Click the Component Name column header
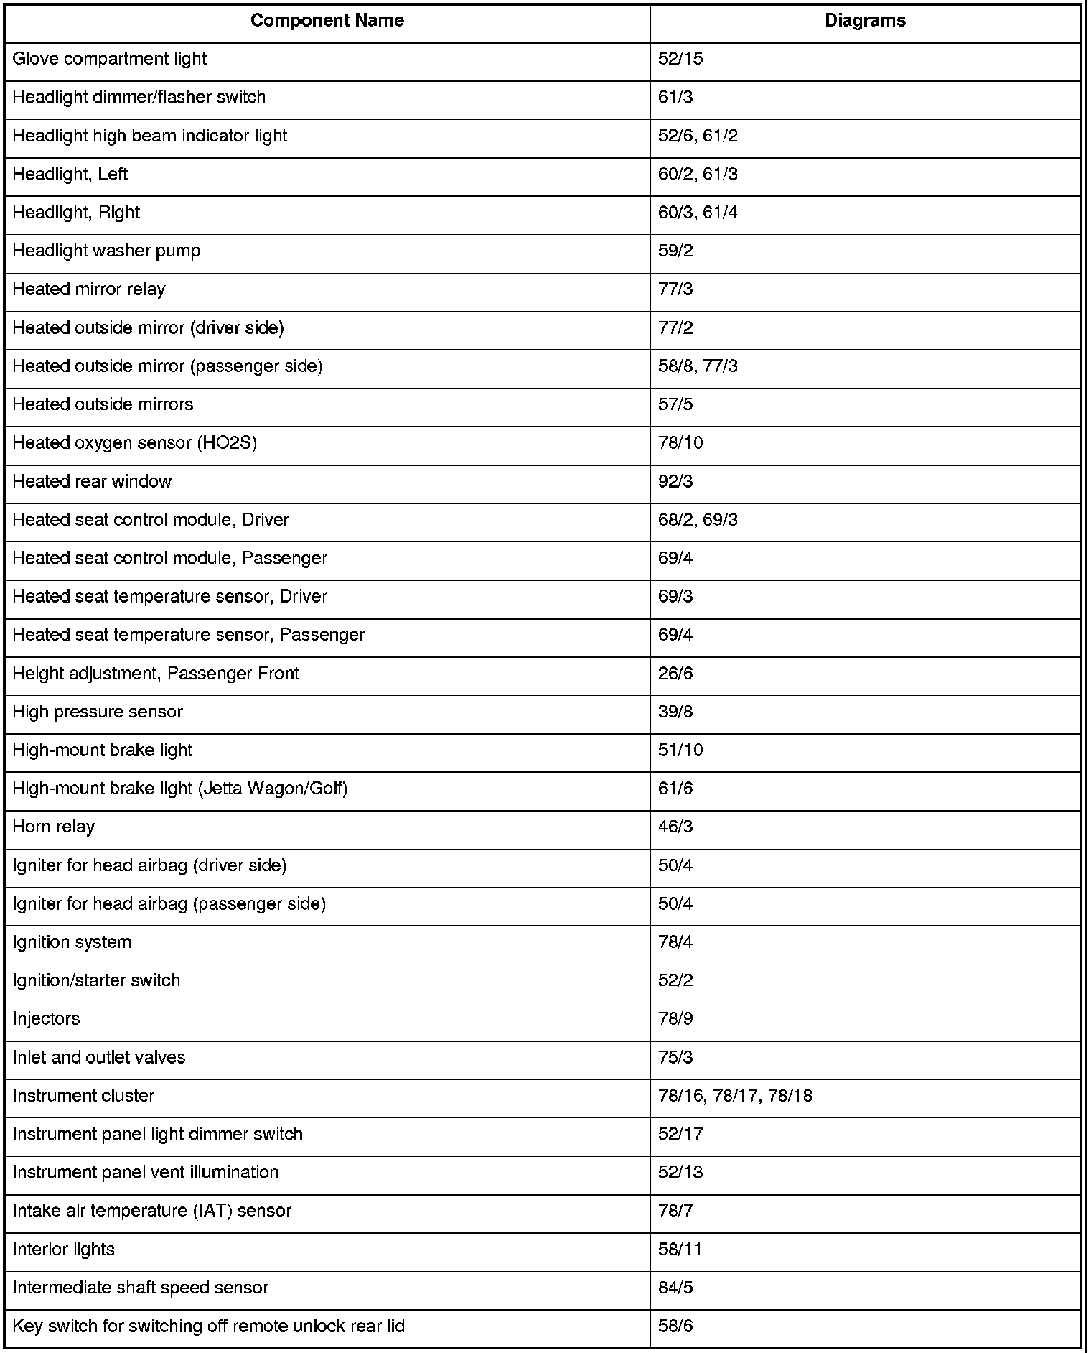[327, 21]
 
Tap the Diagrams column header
[865, 21]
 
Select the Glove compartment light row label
[110, 59]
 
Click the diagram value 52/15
[680, 59]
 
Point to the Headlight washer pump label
[107, 251]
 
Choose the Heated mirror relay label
[89, 289]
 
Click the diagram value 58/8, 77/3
[698, 366]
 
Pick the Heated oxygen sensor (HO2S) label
[135, 443]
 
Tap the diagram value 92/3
[675, 481]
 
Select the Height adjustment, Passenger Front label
[156, 674]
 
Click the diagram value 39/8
[675, 712]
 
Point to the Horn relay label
[54, 827]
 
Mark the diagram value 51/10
[680, 750]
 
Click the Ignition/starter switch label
[96, 981]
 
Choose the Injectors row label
[46, 1019]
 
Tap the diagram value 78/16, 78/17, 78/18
[735, 1096]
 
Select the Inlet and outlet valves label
[99, 1058]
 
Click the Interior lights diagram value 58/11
[680, 1250]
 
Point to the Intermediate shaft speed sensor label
[141, 1288]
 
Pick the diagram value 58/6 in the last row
[675, 1326]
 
